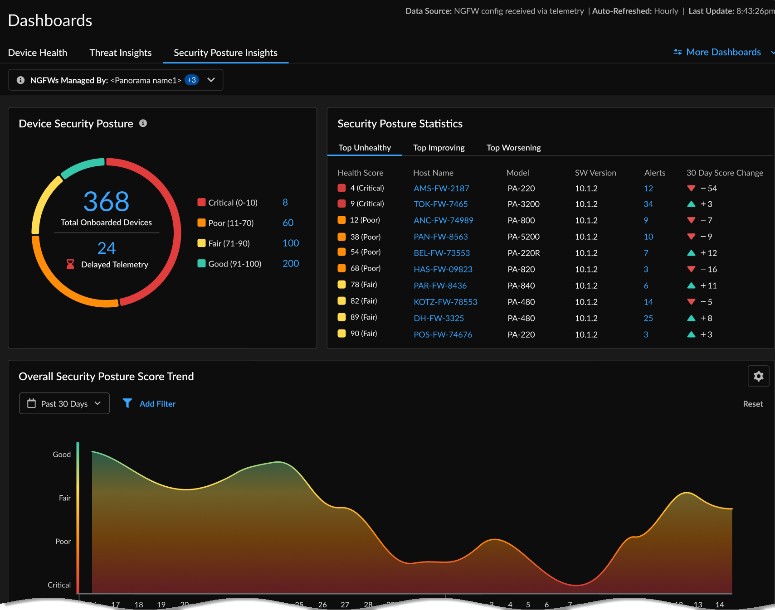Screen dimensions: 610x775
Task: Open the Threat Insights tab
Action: (120, 53)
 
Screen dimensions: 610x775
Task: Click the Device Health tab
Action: (38, 53)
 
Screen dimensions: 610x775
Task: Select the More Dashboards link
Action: (723, 52)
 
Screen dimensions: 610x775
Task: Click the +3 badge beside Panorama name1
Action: (191, 80)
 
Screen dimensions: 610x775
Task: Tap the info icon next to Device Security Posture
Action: (143, 123)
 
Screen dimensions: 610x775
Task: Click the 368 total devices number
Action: (106, 202)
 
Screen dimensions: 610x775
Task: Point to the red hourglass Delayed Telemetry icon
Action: (70, 264)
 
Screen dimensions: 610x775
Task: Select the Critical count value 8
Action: (285, 203)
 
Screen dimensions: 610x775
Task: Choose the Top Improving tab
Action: (439, 148)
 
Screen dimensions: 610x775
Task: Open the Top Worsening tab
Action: (513, 148)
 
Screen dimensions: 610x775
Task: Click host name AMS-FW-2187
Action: (441, 189)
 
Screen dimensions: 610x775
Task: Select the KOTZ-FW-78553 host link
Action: (445, 302)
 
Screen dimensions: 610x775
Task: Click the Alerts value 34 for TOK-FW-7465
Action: (648, 204)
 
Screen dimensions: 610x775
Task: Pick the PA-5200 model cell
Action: (523, 237)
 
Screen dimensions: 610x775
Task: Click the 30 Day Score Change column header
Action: (724, 173)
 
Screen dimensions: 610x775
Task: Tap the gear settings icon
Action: (758, 376)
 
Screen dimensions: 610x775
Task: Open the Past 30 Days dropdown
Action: (64, 403)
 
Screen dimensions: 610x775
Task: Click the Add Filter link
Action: (157, 404)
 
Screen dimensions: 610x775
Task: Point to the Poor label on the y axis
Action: (63, 542)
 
